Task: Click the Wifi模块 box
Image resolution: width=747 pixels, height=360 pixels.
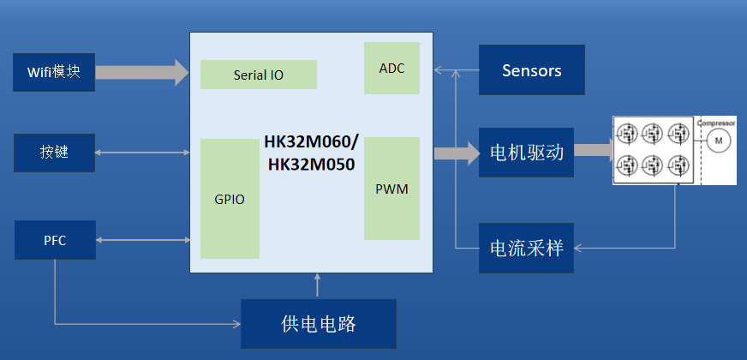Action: pyautogui.click(x=53, y=73)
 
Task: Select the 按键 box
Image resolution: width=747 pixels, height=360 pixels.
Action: pyautogui.click(x=53, y=153)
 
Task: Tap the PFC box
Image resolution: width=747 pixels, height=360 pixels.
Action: pyautogui.click(x=55, y=240)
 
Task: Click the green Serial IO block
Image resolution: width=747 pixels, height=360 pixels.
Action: pyautogui.click(x=258, y=75)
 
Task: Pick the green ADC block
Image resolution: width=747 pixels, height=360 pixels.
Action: pyautogui.click(x=391, y=68)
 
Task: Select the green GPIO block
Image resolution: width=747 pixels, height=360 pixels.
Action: pyautogui.click(x=230, y=199)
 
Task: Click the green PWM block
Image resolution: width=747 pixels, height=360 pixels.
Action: pyautogui.click(x=391, y=189)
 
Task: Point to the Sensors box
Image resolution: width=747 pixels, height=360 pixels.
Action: pyautogui.click(x=531, y=70)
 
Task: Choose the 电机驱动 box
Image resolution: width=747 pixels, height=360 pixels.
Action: pyautogui.click(x=525, y=153)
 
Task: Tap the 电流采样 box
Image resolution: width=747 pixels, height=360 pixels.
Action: pyautogui.click(x=525, y=248)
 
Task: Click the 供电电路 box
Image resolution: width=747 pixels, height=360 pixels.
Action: pyautogui.click(x=318, y=323)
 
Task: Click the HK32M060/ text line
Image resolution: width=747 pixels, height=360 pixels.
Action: pyautogui.click(x=312, y=142)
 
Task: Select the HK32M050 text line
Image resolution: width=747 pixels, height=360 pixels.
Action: pyautogui.click(x=312, y=164)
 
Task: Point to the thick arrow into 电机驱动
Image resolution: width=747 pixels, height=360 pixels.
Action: pyautogui.click(x=457, y=153)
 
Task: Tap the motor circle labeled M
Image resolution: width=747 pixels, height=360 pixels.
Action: pyautogui.click(x=719, y=141)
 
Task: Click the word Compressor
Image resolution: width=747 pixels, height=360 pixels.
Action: pyautogui.click(x=716, y=123)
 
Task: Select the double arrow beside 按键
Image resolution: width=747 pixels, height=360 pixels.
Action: pyautogui.click(x=142, y=153)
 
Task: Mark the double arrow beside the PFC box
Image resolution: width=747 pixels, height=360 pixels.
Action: pyautogui.click(x=142, y=240)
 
